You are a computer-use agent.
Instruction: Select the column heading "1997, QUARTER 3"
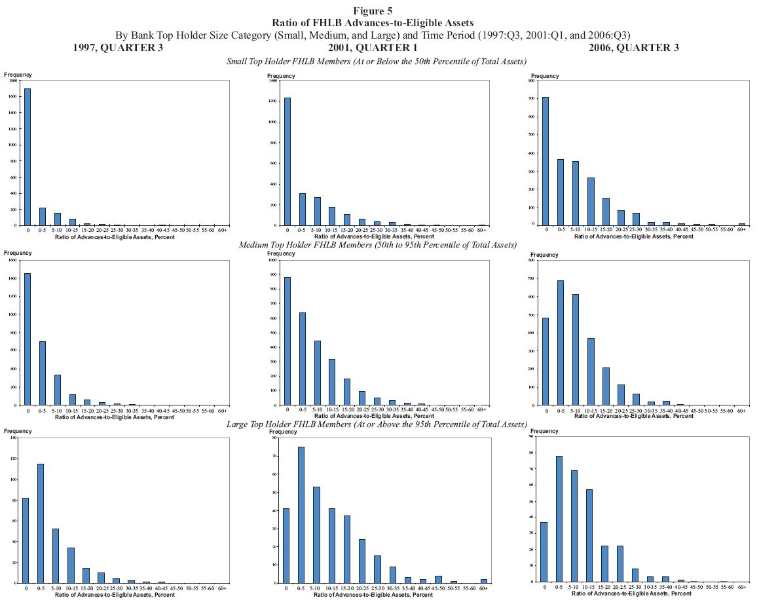(x=119, y=47)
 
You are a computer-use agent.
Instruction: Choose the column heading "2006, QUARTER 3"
(x=633, y=47)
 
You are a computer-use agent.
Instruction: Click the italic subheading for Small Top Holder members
(x=377, y=61)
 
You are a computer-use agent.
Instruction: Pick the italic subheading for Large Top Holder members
(x=377, y=424)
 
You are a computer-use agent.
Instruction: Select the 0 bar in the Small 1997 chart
(x=27, y=157)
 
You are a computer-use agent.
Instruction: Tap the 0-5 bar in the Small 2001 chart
(x=302, y=209)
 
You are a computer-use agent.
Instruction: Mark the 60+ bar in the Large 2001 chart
(x=483, y=580)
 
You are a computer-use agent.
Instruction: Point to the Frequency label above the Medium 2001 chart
(x=281, y=255)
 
